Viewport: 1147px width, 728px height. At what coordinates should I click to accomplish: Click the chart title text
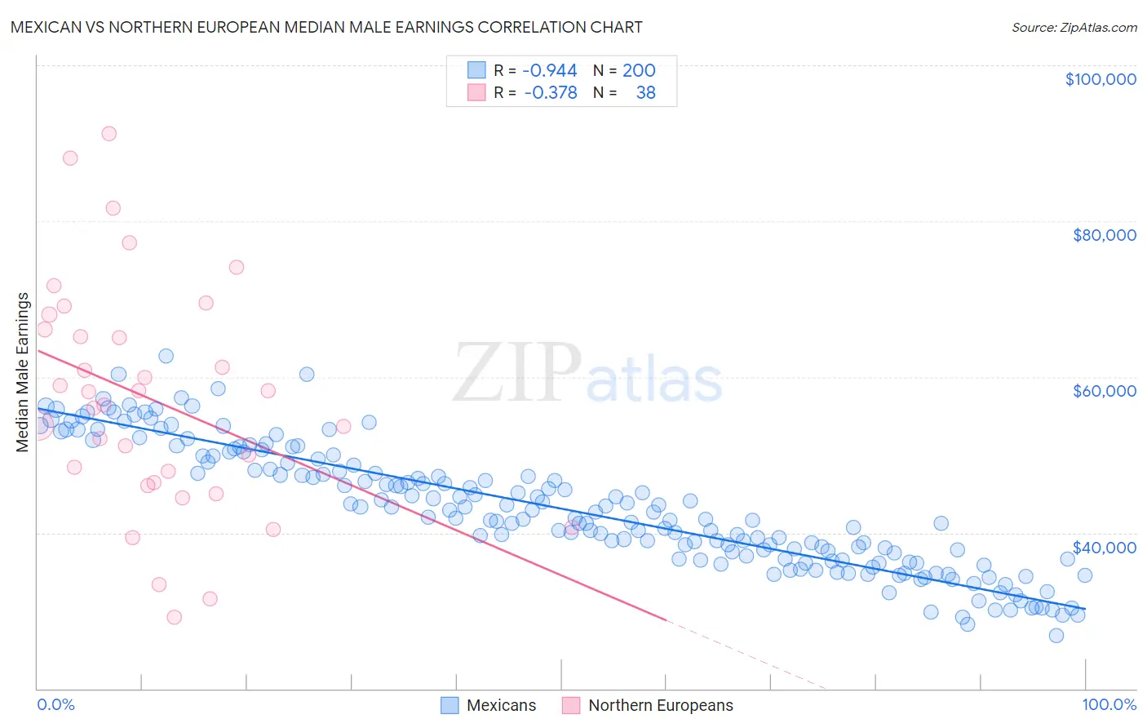tap(326, 27)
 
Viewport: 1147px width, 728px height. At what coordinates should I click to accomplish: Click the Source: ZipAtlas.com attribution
tap(1074, 27)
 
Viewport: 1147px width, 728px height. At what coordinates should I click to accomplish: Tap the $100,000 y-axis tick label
tap(1100, 79)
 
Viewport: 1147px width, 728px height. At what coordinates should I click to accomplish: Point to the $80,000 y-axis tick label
tap(1104, 235)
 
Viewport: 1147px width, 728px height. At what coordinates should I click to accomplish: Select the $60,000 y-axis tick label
tap(1104, 391)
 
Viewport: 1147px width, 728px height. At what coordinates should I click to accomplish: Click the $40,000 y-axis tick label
tap(1104, 547)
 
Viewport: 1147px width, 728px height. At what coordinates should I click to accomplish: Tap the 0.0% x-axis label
tap(55, 704)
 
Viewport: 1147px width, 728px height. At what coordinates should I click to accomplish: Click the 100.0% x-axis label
tap(1109, 704)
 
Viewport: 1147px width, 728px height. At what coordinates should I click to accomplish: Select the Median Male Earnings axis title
tap(23, 371)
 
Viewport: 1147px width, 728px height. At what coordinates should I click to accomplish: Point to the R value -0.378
tap(550, 92)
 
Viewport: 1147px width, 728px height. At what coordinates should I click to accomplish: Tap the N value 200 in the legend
tap(639, 70)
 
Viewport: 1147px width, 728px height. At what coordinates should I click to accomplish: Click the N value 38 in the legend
tap(645, 92)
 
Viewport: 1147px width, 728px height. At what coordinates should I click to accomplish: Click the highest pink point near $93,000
tap(108, 134)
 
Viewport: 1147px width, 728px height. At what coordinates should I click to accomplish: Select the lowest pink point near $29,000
tap(174, 617)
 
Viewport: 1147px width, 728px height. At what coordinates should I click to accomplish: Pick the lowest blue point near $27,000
tap(1056, 636)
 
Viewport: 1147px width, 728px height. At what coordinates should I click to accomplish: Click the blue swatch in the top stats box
tap(476, 70)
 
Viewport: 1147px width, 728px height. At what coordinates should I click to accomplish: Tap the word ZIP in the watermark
tap(516, 373)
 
